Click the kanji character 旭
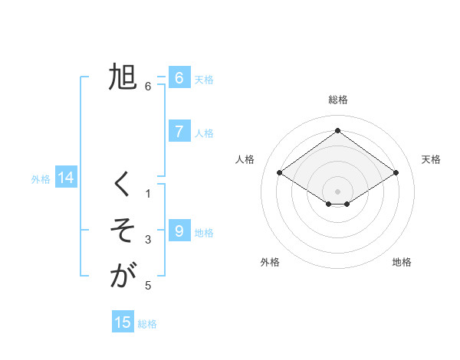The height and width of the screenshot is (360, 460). tap(123, 78)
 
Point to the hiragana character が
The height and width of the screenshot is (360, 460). tap(123, 275)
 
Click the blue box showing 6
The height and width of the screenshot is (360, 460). tap(179, 78)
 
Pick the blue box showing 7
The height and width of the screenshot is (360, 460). tap(179, 132)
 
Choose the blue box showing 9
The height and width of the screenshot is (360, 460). tap(179, 231)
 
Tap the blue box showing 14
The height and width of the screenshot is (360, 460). tap(65, 178)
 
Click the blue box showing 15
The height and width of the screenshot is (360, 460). tap(123, 322)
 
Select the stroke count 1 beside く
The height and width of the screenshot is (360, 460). tap(148, 194)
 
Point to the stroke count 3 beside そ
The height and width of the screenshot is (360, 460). tap(148, 240)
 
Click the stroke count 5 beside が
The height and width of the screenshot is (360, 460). tap(148, 286)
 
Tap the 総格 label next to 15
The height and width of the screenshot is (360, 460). tap(147, 324)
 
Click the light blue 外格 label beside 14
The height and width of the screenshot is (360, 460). tap(41, 179)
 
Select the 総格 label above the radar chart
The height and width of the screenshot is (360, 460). tap(337, 100)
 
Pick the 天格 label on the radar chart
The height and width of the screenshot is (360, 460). tap(432, 159)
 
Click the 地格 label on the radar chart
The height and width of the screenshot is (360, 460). tap(402, 262)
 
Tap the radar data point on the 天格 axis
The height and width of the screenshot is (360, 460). tap(396, 173)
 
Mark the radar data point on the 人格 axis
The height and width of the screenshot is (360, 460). tap(280, 173)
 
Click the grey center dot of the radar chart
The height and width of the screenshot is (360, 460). tap(337, 191)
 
